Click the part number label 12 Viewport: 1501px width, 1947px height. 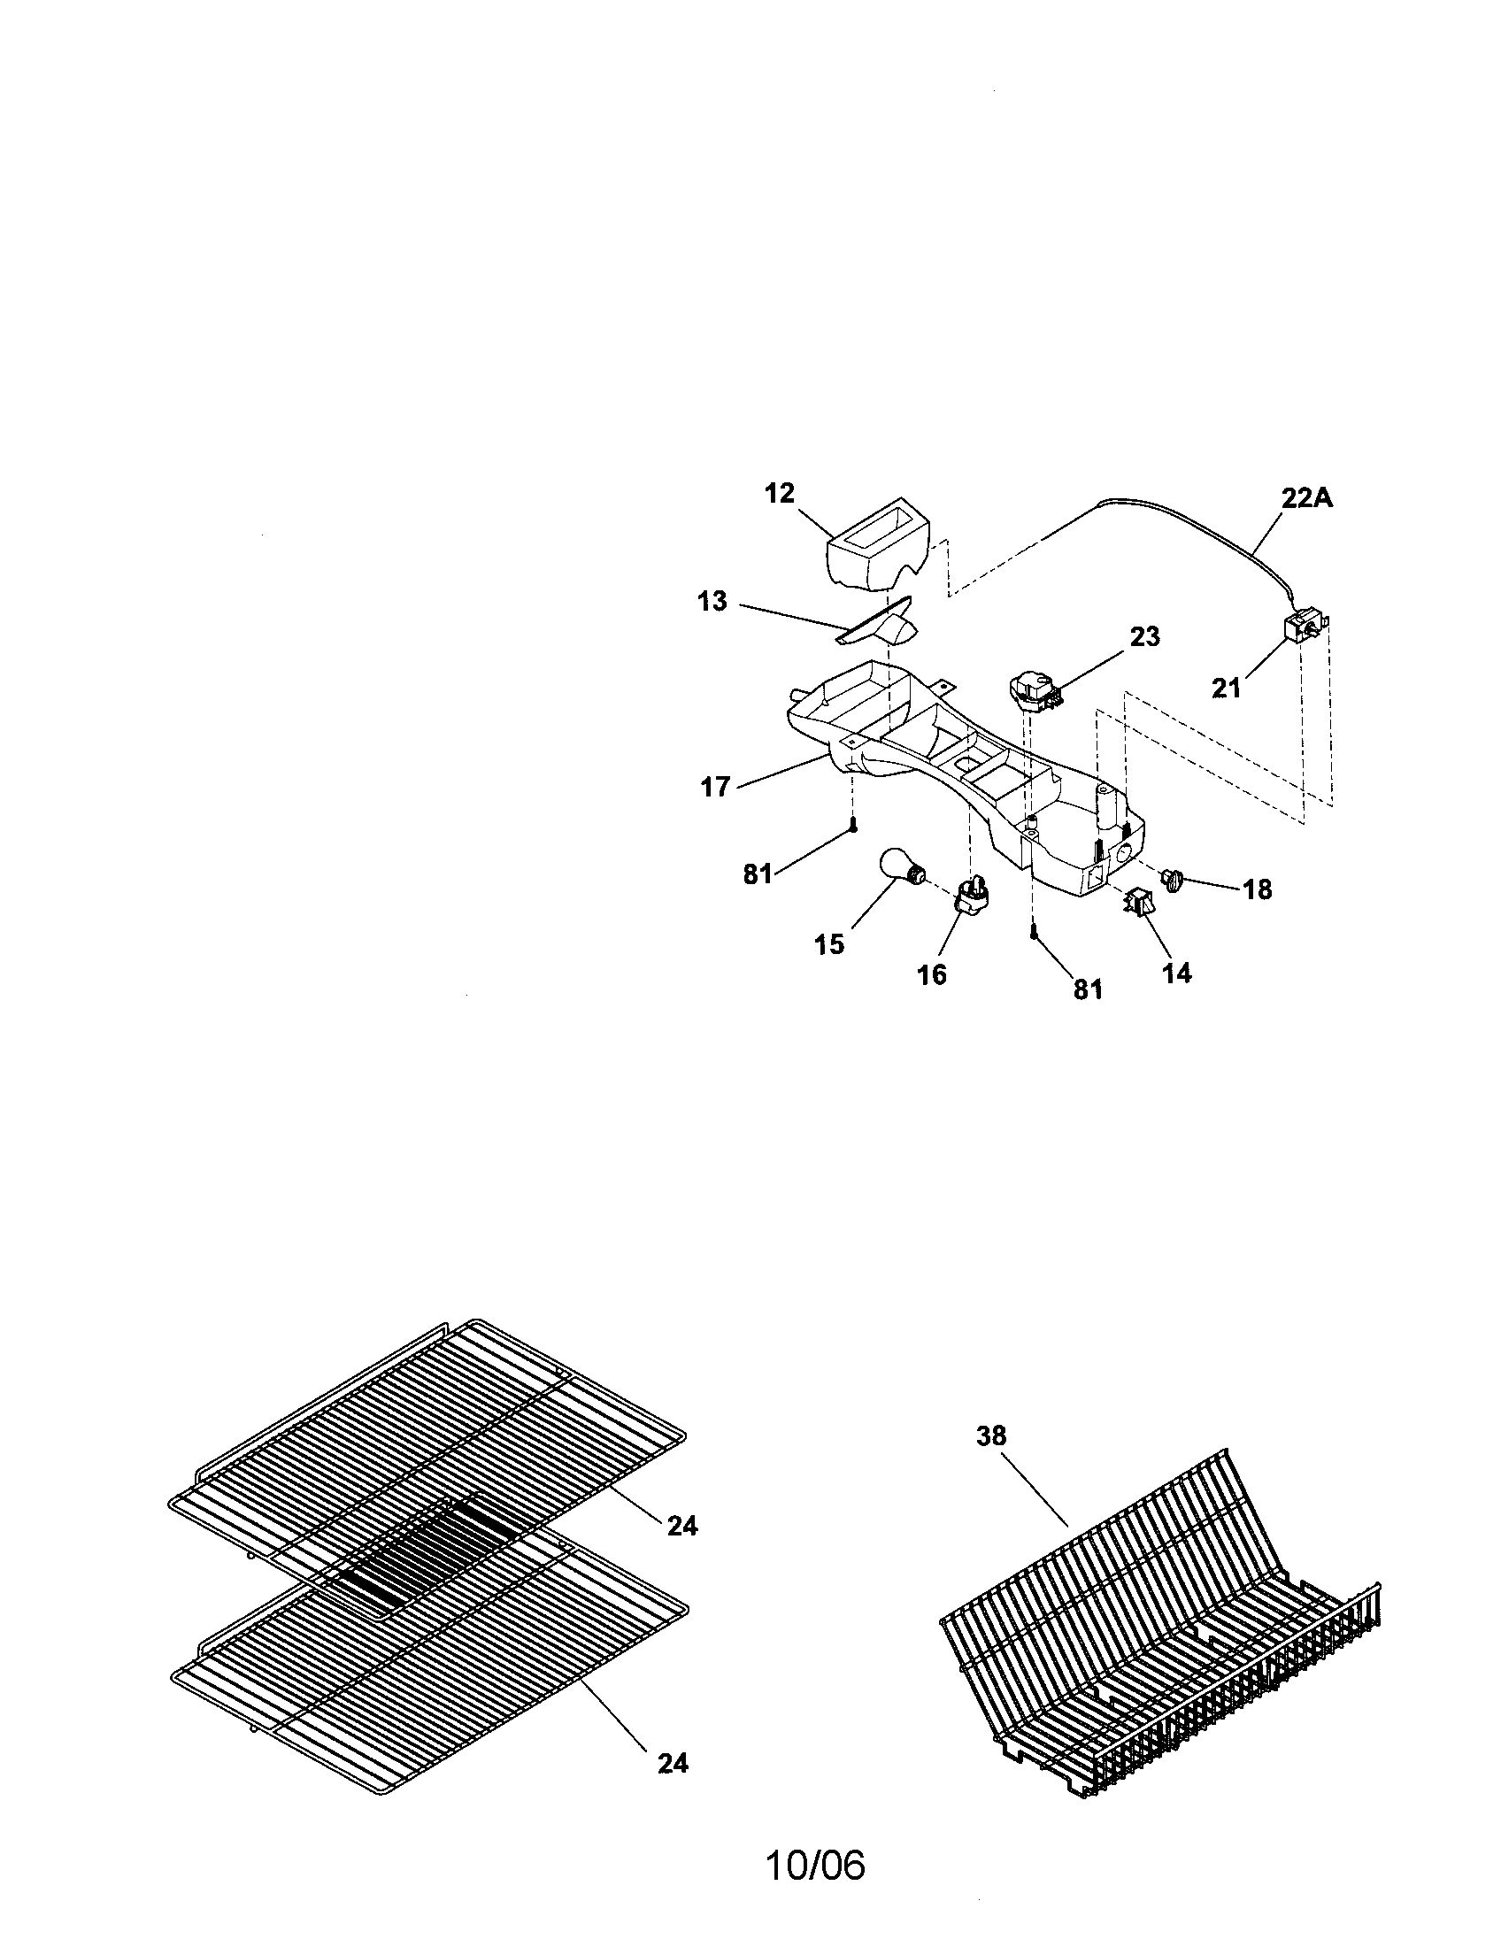779,493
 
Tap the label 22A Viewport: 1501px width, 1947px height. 1306,498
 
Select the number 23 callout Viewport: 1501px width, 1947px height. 1145,637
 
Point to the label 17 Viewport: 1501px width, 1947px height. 715,787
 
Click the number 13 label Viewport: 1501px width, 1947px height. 712,602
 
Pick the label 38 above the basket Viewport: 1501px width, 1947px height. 990,1436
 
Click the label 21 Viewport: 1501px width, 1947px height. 1226,689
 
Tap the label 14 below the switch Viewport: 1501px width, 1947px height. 1176,974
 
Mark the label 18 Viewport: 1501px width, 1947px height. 1257,889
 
